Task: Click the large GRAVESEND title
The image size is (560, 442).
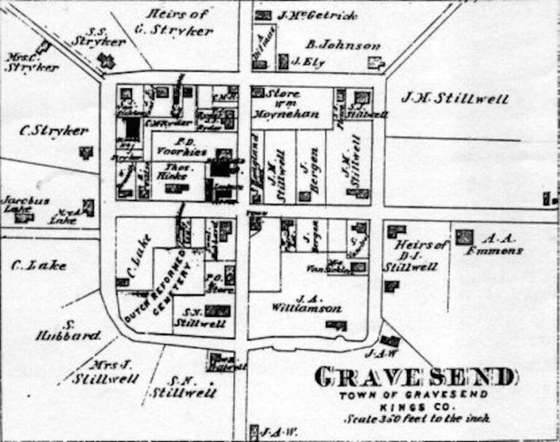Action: [x=415, y=378]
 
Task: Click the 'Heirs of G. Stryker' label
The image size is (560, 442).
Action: [x=178, y=22]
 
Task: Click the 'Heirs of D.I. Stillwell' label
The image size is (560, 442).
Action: [x=414, y=255]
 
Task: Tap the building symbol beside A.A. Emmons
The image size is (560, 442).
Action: [x=464, y=237]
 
